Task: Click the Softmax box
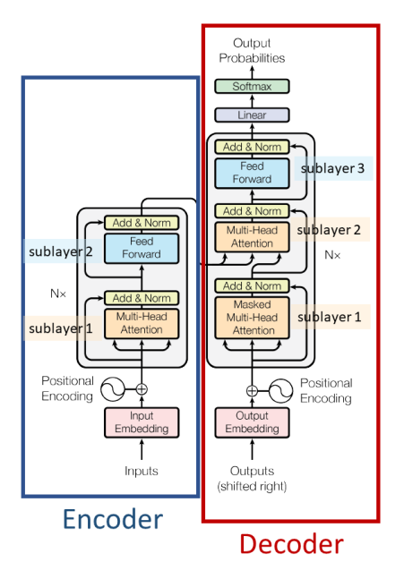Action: click(x=252, y=86)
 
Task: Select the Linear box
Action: click(x=252, y=115)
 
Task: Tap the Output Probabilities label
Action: click(x=252, y=50)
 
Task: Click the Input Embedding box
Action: click(x=142, y=421)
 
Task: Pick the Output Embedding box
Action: click(x=252, y=421)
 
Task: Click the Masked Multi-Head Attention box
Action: click(x=252, y=317)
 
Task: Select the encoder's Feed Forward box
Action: click(x=142, y=248)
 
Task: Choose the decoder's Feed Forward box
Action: click(x=252, y=173)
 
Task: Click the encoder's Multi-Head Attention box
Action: click(x=142, y=323)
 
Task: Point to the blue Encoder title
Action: click(x=111, y=519)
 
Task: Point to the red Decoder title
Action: click(x=292, y=544)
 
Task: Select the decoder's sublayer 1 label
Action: click(x=331, y=317)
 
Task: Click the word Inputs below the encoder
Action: click(x=142, y=471)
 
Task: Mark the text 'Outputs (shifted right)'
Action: click(x=252, y=478)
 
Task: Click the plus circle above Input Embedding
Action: click(x=142, y=389)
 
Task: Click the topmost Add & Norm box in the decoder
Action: click(x=252, y=147)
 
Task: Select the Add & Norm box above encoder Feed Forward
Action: click(x=142, y=222)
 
